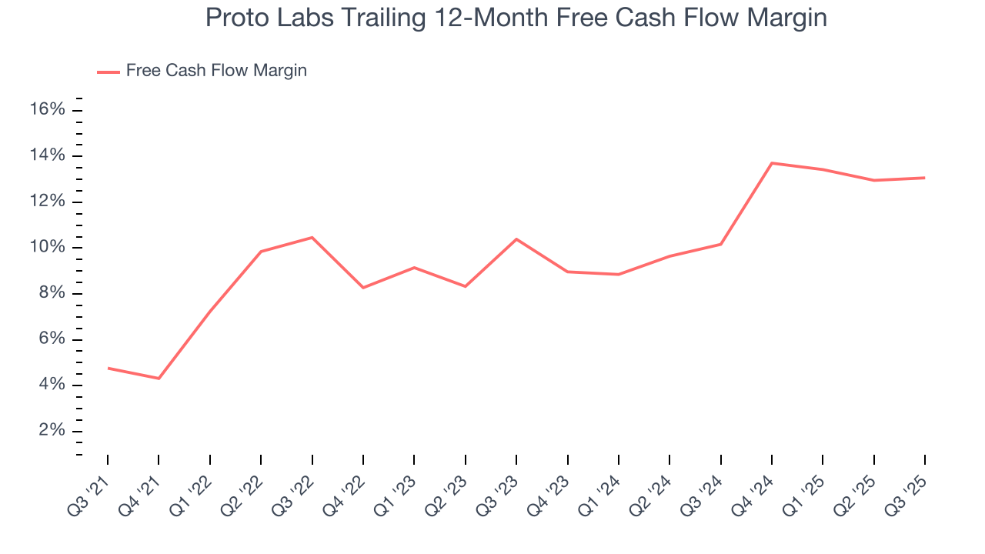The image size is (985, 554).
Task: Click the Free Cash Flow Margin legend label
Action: pyautogui.click(x=216, y=71)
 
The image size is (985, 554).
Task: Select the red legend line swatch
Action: pyautogui.click(x=108, y=72)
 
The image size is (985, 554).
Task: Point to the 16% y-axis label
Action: pyautogui.click(x=47, y=110)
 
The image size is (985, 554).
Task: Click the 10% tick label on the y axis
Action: pyautogui.click(x=47, y=248)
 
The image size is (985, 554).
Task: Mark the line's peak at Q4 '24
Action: pyautogui.click(x=772, y=163)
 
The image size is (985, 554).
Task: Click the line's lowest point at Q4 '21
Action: pyautogui.click(x=159, y=379)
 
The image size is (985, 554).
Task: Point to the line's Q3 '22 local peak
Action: pyautogui.click(x=312, y=238)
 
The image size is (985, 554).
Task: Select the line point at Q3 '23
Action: pyautogui.click(x=516, y=239)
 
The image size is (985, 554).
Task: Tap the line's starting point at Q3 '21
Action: pyautogui.click(x=108, y=368)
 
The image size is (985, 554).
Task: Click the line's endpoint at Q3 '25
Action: pyautogui.click(x=924, y=178)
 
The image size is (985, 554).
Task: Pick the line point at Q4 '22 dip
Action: pyautogui.click(x=363, y=288)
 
